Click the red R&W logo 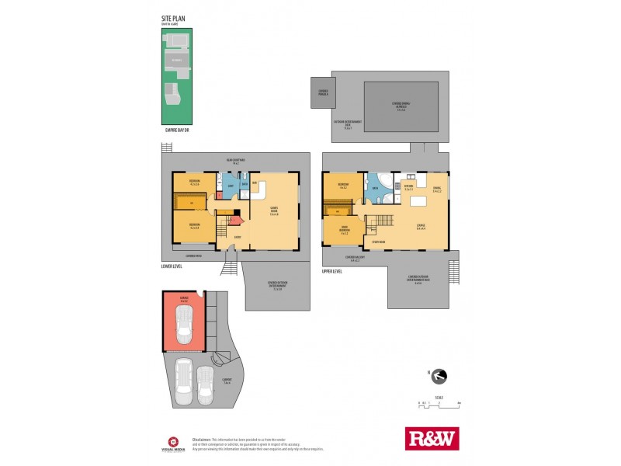tap(432, 438)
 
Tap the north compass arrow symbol tap(439, 377)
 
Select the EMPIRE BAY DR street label tap(177, 130)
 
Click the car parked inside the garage tap(184, 325)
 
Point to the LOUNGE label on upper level tap(420, 228)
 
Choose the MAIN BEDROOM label tap(343, 230)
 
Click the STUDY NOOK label tap(378, 242)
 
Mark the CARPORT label tap(227, 381)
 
